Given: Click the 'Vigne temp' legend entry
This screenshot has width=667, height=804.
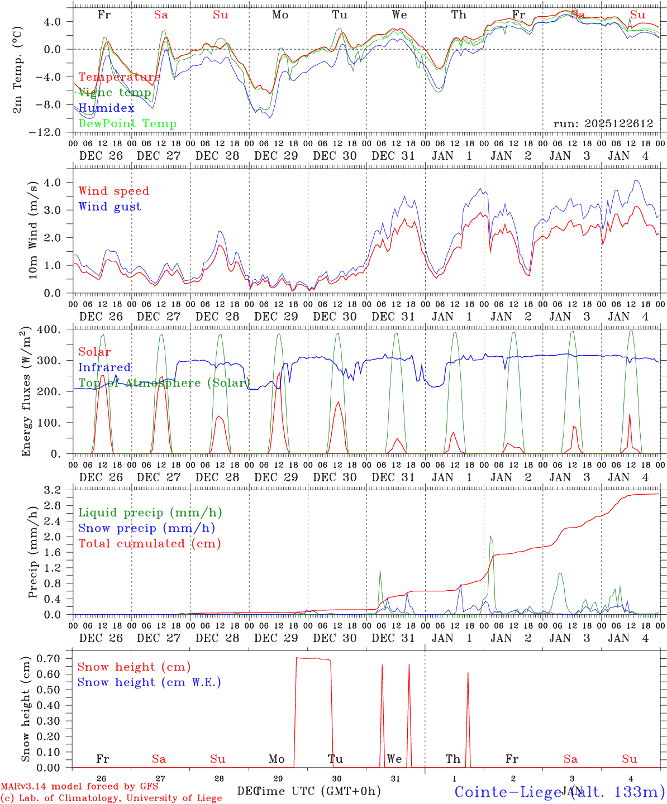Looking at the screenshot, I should point(115,93).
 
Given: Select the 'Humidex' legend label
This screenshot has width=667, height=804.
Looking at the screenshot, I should point(107,108).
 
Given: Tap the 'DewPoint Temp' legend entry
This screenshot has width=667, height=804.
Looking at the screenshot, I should point(127,124).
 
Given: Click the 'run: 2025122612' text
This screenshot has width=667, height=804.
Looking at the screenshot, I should point(603,124).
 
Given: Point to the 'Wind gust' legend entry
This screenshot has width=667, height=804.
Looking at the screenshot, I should point(110,207).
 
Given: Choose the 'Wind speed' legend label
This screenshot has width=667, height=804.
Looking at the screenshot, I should point(114,191).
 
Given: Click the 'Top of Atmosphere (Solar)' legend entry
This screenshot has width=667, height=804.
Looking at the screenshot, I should point(164,383).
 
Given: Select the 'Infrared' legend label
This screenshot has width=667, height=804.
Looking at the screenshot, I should point(104,367).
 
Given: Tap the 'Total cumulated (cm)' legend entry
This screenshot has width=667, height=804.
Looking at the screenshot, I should point(150,543).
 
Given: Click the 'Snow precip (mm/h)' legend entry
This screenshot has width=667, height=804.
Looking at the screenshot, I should point(147,528).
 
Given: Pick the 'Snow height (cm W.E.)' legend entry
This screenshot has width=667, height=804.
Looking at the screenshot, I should point(149,682).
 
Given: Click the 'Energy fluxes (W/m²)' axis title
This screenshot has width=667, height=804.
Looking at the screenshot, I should point(26,392).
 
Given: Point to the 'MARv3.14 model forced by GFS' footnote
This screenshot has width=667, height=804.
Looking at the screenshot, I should point(79,787).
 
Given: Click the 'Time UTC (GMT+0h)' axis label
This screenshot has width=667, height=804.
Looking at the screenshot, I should point(317,791).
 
